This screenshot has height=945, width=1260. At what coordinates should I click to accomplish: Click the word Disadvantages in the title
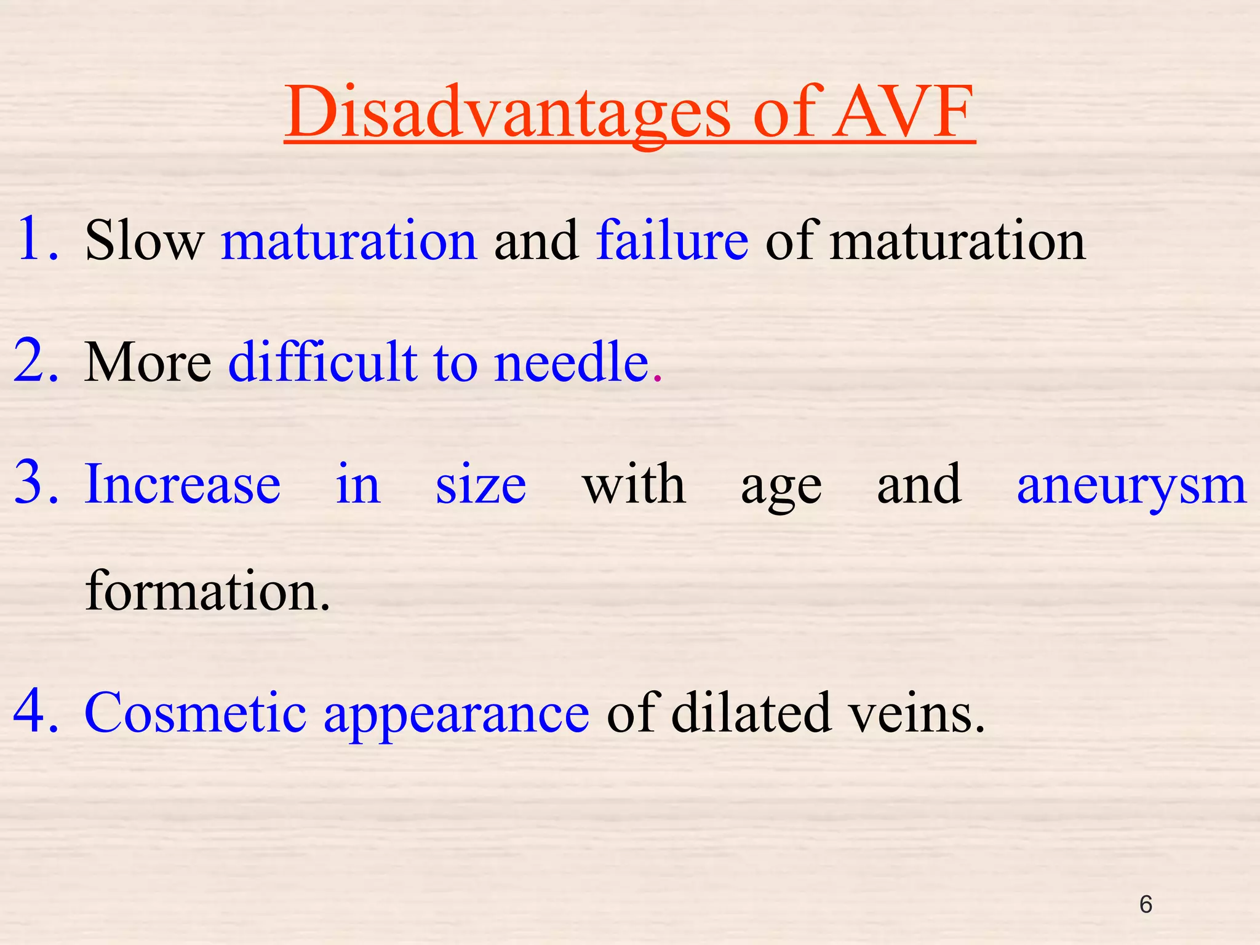pos(508,114)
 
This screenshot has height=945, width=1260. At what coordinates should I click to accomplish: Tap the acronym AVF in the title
pos(904,114)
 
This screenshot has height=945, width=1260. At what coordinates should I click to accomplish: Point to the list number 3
pos(36,484)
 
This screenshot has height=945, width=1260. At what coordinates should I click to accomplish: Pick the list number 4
pos(36,712)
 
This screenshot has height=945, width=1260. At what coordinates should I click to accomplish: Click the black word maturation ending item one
pos(957,241)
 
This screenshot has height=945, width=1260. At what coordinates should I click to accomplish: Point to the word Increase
pos(183,485)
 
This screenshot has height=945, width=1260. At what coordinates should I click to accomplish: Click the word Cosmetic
pos(195,714)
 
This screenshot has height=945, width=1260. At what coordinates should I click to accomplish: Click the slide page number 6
pos(1146,904)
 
